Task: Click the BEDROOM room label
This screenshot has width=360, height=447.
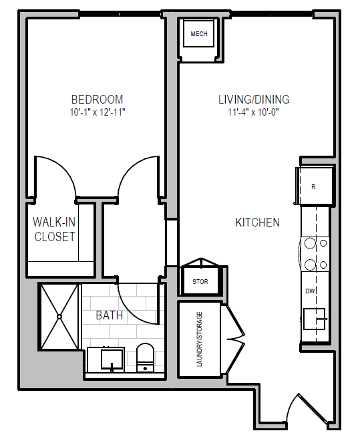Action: pyautogui.click(x=97, y=100)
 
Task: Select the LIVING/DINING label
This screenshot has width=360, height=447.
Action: pyautogui.click(x=254, y=100)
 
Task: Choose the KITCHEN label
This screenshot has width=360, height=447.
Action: pyautogui.click(x=257, y=222)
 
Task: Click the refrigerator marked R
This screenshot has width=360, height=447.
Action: pyautogui.click(x=313, y=186)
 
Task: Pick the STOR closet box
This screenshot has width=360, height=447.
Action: pyautogui.click(x=200, y=281)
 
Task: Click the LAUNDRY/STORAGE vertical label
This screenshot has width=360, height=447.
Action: pyautogui.click(x=198, y=339)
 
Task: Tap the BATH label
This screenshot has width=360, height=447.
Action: pyautogui.click(x=109, y=315)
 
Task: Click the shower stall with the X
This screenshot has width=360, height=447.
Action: pyautogui.click(x=60, y=317)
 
